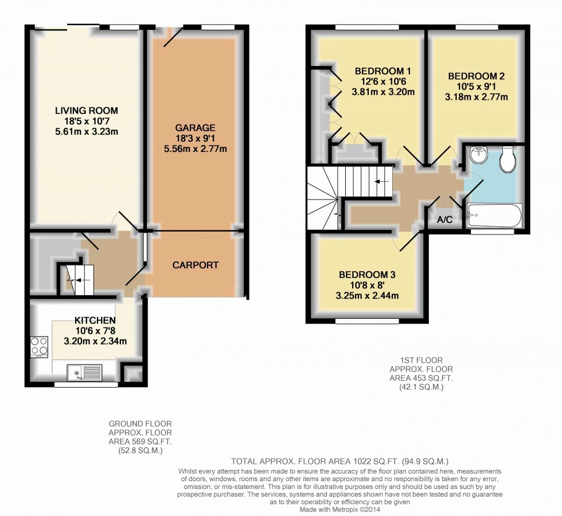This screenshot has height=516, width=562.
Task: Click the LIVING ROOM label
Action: pyautogui.click(x=87, y=110)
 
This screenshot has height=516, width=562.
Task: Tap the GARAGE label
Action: pyautogui.click(x=196, y=127)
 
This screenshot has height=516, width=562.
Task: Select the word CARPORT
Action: pyautogui.click(x=196, y=265)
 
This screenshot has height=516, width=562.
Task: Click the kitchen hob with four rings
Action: pyautogui.click(x=40, y=346)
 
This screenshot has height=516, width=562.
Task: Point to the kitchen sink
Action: pyautogui.click(x=85, y=372)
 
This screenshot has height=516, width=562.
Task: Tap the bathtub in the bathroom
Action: pyautogui.click(x=494, y=216)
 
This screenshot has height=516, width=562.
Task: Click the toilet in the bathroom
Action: pyautogui.click(x=508, y=159)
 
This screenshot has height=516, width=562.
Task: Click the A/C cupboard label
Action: pyautogui.click(x=445, y=220)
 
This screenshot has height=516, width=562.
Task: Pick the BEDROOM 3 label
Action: pyautogui.click(x=367, y=275)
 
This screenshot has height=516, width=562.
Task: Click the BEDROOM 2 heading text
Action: pyautogui.click(x=477, y=76)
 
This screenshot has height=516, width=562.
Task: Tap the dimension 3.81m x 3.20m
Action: pyautogui.click(x=383, y=92)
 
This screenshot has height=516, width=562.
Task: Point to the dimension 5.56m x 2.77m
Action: pyautogui.click(x=196, y=148)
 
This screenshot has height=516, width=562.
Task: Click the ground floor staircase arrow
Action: pyautogui.click(x=80, y=280)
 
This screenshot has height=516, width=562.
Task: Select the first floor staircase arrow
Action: pyautogui.click(x=382, y=182)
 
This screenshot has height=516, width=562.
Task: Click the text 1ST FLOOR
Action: pyautogui.click(x=421, y=360)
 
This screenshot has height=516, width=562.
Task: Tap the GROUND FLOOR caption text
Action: pyautogui.click(x=140, y=424)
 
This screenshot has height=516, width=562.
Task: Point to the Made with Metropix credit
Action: pyautogui.click(x=339, y=510)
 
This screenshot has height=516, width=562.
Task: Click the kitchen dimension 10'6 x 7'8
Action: pyautogui.click(x=95, y=331)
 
